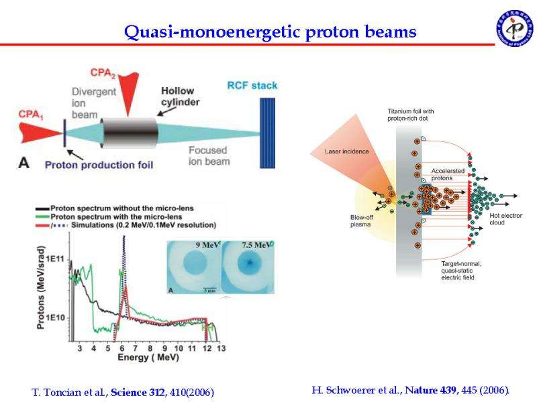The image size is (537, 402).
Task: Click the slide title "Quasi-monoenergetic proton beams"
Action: tap(271, 31)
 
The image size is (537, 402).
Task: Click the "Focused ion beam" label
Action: tap(207, 156)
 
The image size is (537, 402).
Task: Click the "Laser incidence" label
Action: tap(347, 151)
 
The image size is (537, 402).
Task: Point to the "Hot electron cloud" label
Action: tap(507, 220)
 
